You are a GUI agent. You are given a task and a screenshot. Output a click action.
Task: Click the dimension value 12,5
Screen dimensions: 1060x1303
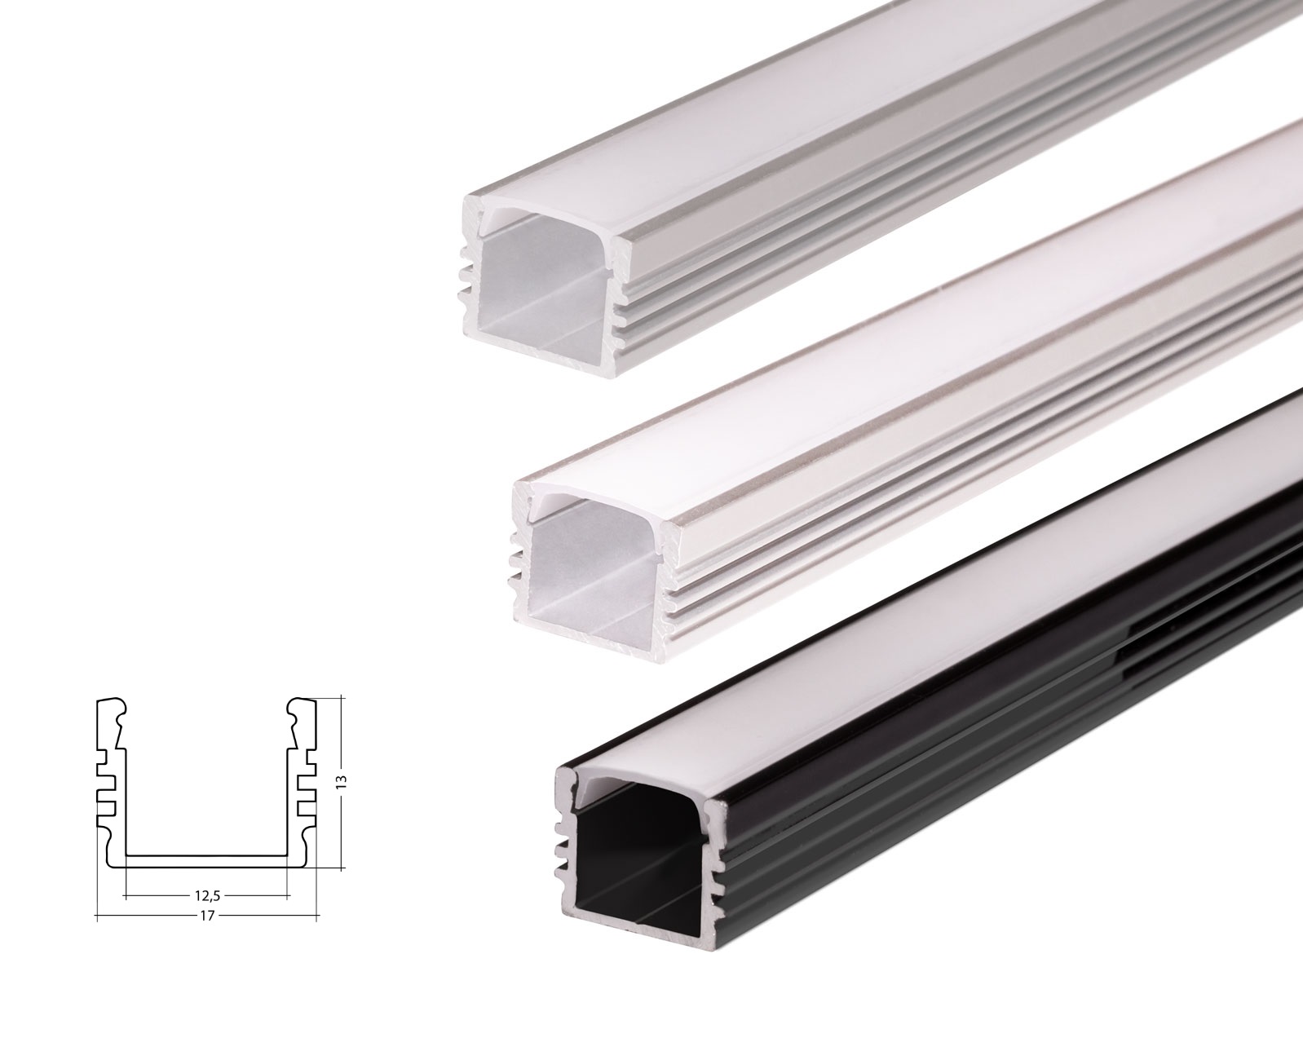[x=207, y=894]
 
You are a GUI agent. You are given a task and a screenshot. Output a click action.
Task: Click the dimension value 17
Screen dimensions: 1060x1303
[x=207, y=916]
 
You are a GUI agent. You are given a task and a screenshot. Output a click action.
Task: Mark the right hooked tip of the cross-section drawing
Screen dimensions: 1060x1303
[x=302, y=709]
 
